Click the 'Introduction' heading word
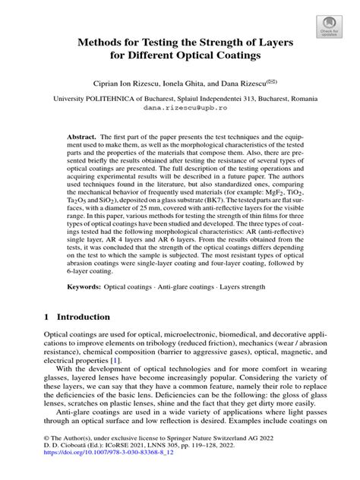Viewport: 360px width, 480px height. coord(86,316)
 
